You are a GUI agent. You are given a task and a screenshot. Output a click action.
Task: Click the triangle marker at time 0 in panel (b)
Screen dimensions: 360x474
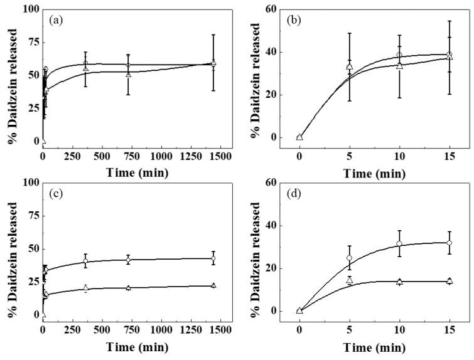pyautogui.click(x=299, y=137)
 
